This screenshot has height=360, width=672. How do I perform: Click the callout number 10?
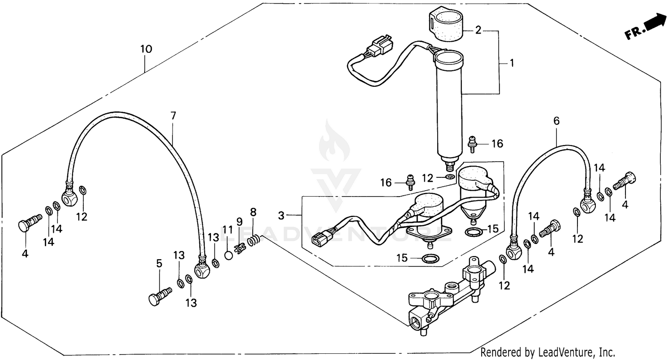(x=146, y=49)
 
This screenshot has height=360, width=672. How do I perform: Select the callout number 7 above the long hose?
(x=173, y=116)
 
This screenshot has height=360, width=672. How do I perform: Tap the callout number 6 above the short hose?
(x=556, y=121)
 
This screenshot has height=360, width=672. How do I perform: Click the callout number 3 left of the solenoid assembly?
(x=281, y=216)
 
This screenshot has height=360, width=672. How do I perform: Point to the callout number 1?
(x=512, y=63)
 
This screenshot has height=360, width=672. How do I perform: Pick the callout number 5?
(x=159, y=263)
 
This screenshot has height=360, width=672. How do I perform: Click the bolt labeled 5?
(x=159, y=296)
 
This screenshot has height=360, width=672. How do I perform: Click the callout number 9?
(x=239, y=222)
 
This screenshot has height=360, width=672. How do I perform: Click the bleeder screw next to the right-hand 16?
(x=471, y=143)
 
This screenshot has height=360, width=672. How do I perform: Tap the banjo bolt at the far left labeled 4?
(x=28, y=223)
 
